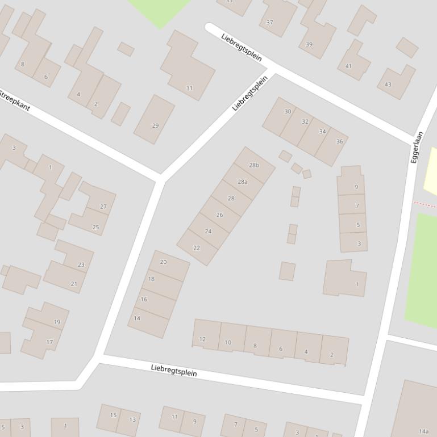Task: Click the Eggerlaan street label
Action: tap(417, 148)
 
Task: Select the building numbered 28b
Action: tap(254, 165)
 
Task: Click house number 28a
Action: tap(243, 182)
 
